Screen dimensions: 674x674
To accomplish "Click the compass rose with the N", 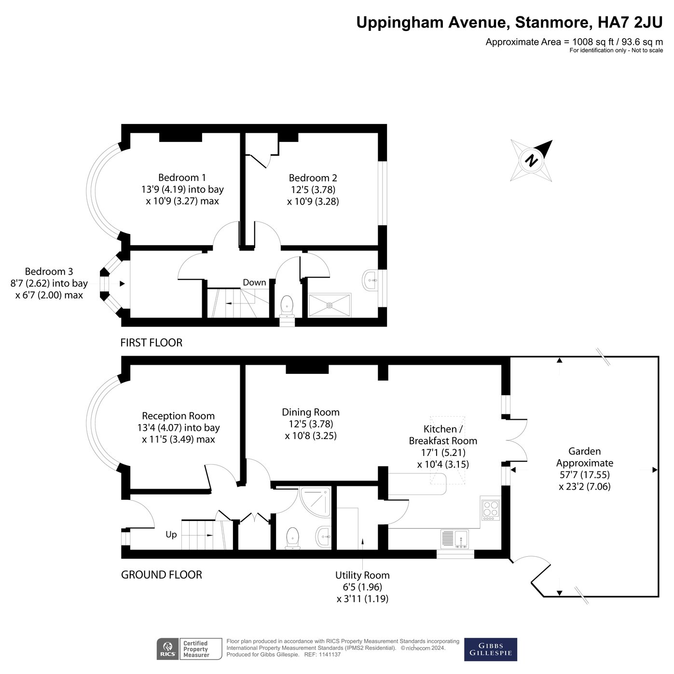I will (x=532, y=160).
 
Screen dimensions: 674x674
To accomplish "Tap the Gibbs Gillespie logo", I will (x=490, y=649).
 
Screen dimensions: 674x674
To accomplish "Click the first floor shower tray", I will (x=330, y=305).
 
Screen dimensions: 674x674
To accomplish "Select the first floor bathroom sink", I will (x=371, y=280).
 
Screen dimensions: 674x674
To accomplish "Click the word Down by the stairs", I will (x=254, y=282).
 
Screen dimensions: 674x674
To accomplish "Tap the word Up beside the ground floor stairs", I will (x=171, y=535).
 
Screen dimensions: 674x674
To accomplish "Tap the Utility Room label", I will (x=362, y=575).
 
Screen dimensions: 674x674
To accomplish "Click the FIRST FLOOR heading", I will (x=151, y=343).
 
